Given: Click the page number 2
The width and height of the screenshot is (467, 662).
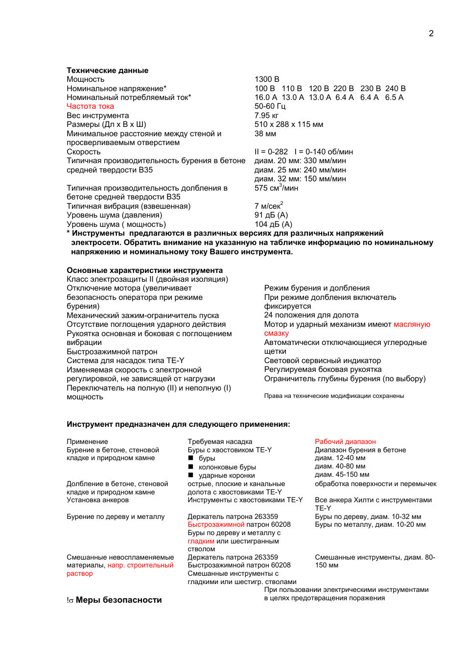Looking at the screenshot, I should pos(431,33).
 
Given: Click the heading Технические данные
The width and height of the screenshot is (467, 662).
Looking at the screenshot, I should pos(107,71).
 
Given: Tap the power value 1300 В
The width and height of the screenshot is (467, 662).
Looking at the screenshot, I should pos(267,79).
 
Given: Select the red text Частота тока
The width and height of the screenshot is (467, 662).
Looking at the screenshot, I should pos(90,106).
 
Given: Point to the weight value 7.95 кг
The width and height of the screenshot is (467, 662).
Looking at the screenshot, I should pos(266,116).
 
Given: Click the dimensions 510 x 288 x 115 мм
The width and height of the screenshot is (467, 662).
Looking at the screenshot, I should pos(289,124).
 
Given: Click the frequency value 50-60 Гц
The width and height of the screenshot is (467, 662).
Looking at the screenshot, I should pos(270,106).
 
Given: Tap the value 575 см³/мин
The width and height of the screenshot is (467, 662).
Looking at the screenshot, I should pos(276,188).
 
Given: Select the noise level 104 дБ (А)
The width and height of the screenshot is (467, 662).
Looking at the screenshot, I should pos(273,224).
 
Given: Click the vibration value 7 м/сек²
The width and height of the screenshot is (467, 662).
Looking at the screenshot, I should pos(269,206).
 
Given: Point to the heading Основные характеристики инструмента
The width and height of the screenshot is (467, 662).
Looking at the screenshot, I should pos(144,270).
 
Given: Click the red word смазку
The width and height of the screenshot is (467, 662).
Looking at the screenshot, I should pos(277,333).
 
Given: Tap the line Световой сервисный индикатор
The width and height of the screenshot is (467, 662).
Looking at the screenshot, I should pos(322,361).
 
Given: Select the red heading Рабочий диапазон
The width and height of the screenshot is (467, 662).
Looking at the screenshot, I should pos(345,442).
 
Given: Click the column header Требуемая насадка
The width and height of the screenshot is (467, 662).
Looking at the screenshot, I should pos(220,442).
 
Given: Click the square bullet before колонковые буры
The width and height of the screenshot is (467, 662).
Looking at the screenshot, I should pos(191,467).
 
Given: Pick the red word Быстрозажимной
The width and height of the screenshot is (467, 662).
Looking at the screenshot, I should pos(216,524).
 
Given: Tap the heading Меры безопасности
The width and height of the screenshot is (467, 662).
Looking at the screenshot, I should pos(118,600).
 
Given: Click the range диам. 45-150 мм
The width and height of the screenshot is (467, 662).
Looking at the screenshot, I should pos(342,474).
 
